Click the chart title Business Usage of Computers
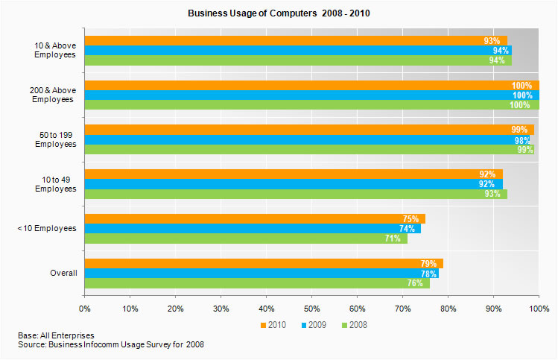(x=278, y=13)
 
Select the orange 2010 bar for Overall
(x=264, y=263)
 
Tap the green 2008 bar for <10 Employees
(x=246, y=239)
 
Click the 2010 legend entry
(x=275, y=325)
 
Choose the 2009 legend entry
(x=313, y=325)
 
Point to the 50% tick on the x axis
(x=311, y=307)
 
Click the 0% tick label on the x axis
(x=85, y=307)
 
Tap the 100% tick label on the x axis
(x=538, y=307)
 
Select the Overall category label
(x=63, y=274)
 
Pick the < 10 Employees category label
(x=46, y=228)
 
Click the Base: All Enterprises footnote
(x=56, y=335)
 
